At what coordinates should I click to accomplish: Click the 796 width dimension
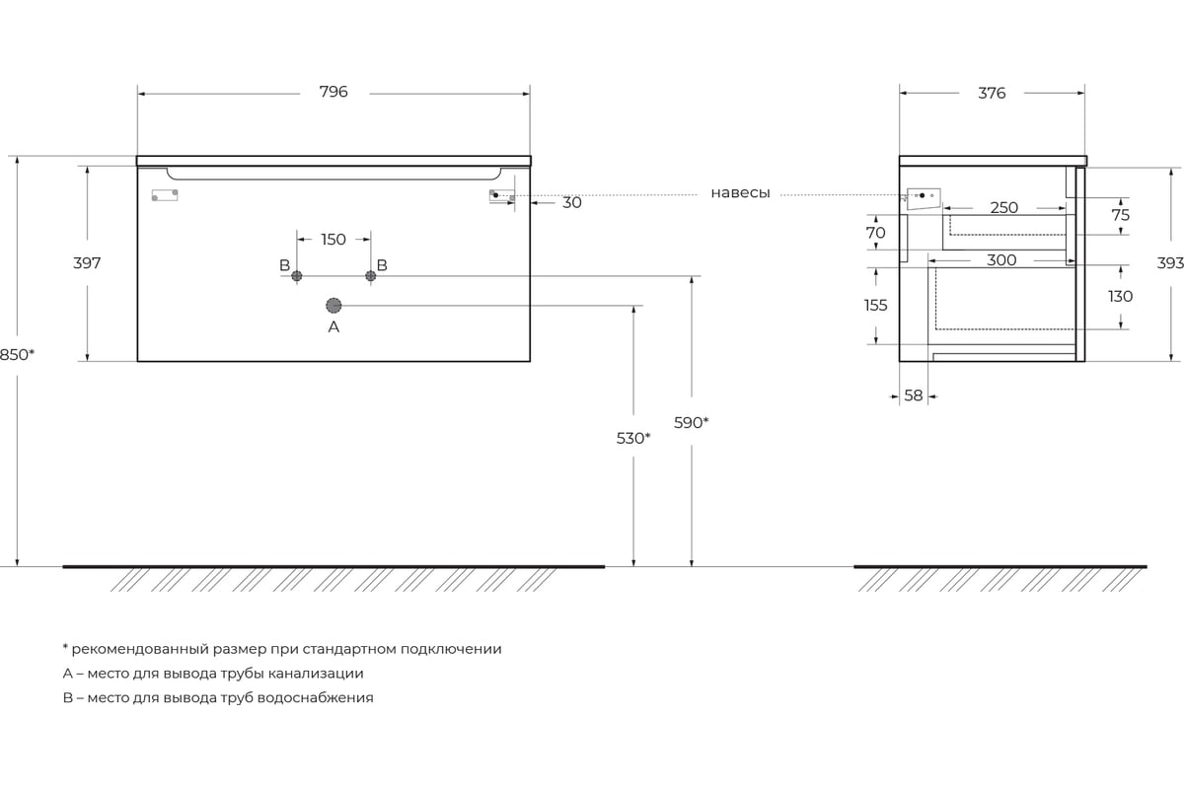[333, 92]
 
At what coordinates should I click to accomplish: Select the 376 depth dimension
[992, 93]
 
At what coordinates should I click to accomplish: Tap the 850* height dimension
[17, 355]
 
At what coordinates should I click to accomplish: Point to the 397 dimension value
[87, 262]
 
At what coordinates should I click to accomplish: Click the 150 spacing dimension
[333, 240]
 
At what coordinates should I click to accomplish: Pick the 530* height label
[633, 438]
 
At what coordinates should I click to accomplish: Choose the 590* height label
[691, 423]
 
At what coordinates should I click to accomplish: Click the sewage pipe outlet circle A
[333, 306]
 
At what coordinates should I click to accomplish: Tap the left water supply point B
[297, 276]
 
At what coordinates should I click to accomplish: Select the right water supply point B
[371, 276]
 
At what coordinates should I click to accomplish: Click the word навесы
[740, 193]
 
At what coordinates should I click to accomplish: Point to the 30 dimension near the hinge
[572, 203]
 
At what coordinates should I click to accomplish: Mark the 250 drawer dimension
[1003, 208]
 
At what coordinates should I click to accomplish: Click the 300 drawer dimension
[1001, 260]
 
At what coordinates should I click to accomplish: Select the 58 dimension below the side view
[914, 395]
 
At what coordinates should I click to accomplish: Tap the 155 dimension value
[875, 305]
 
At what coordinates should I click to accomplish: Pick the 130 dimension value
[1120, 297]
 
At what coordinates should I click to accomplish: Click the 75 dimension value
[1120, 215]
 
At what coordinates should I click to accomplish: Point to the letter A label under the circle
[333, 327]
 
